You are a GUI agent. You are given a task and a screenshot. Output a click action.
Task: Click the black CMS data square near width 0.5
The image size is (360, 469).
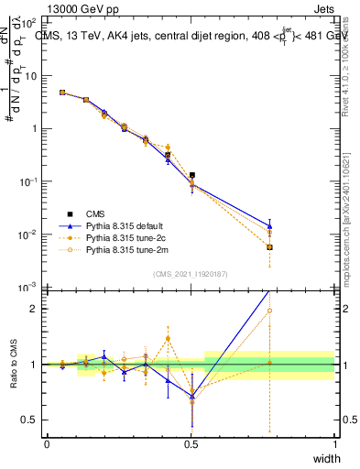[191, 174]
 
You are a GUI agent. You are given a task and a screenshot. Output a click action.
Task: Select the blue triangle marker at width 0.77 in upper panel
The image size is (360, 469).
[269, 225]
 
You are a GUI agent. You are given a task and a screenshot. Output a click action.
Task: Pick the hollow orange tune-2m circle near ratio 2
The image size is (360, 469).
[269, 311]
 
